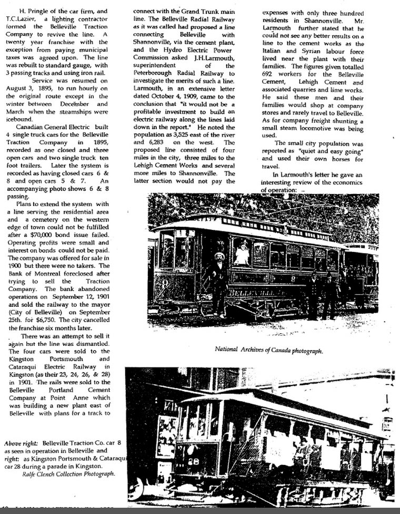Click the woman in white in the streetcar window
[242, 255]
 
